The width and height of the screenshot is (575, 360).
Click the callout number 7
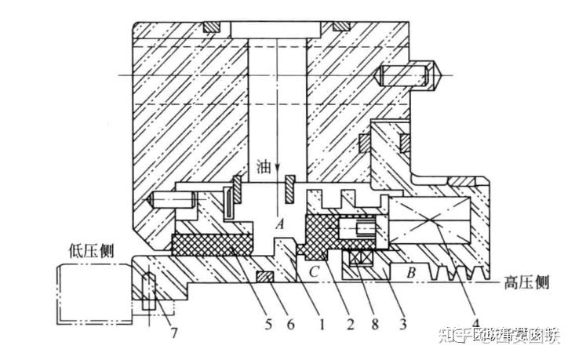click(x=174, y=332)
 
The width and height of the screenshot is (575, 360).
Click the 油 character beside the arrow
click(x=265, y=168)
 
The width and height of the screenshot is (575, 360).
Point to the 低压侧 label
click(x=93, y=251)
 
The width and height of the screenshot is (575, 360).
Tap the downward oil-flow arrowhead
click(x=277, y=176)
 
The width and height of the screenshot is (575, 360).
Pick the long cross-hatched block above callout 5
click(x=212, y=245)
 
